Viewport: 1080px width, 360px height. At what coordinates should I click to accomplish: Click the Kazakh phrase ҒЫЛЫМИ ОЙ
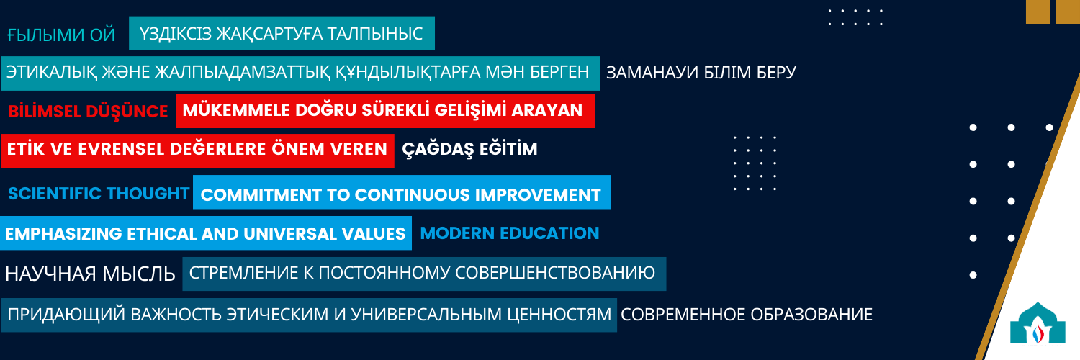[x=61, y=35]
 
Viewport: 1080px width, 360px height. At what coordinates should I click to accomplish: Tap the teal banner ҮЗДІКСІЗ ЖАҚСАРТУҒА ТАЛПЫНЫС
[x=282, y=33]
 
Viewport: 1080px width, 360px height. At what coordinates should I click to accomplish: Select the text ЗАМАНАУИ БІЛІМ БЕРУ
[x=701, y=73]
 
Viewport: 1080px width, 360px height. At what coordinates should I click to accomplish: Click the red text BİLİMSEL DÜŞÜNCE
[x=88, y=112]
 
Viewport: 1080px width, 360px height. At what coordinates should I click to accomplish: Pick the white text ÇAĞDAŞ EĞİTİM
[x=469, y=149]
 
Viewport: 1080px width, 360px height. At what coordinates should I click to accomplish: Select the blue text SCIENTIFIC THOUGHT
[x=99, y=193]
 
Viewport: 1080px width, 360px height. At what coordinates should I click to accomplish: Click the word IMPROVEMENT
[x=538, y=195]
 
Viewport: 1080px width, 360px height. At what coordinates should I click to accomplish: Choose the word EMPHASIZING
[x=63, y=234]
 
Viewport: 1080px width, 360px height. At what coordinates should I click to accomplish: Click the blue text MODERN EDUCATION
[x=510, y=233]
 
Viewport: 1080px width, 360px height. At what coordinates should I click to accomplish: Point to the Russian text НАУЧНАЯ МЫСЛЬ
[x=90, y=274]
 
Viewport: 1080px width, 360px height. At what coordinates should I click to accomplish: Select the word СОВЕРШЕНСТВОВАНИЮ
[x=555, y=273]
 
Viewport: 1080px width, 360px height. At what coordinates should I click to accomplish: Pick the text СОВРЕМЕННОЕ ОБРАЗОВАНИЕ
[x=747, y=315]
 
